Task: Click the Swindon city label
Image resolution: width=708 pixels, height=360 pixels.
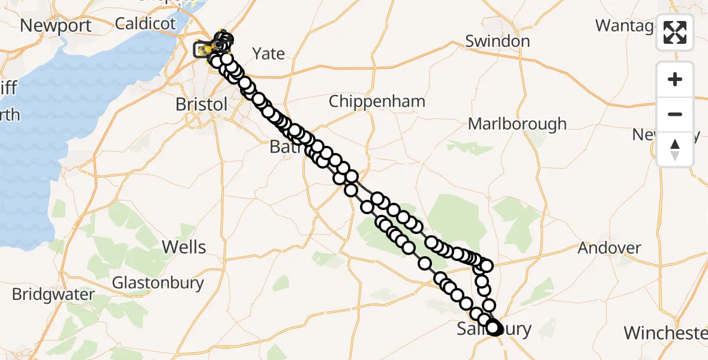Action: [x=497, y=41]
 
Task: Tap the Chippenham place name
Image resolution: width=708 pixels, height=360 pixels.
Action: [x=377, y=101]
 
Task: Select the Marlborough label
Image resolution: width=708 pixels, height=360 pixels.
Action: [x=517, y=124]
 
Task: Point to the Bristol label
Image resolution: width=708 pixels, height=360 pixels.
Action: [x=201, y=104]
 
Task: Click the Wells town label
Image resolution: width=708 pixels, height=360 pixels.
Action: [x=184, y=247]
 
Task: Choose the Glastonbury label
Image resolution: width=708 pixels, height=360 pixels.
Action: [x=158, y=283]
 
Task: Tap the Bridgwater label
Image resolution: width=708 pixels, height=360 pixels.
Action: [x=53, y=295]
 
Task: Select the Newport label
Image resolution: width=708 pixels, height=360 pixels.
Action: [x=56, y=26]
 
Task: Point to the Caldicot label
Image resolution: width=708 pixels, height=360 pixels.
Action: [x=145, y=24]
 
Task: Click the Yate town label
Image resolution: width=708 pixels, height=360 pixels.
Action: [x=268, y=53]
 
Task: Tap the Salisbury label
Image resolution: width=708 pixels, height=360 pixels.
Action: [x=494, y=329]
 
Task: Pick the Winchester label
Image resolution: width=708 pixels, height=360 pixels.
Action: [x=665, y=332]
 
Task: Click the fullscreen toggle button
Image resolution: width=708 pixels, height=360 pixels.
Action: [x=675, y=32]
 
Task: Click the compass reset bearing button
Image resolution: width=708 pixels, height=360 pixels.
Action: [x=675, y=149]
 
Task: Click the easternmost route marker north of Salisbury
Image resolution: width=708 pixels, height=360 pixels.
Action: [x=487, y=265]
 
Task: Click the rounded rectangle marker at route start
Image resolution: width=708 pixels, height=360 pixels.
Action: [x=202, y=50]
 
